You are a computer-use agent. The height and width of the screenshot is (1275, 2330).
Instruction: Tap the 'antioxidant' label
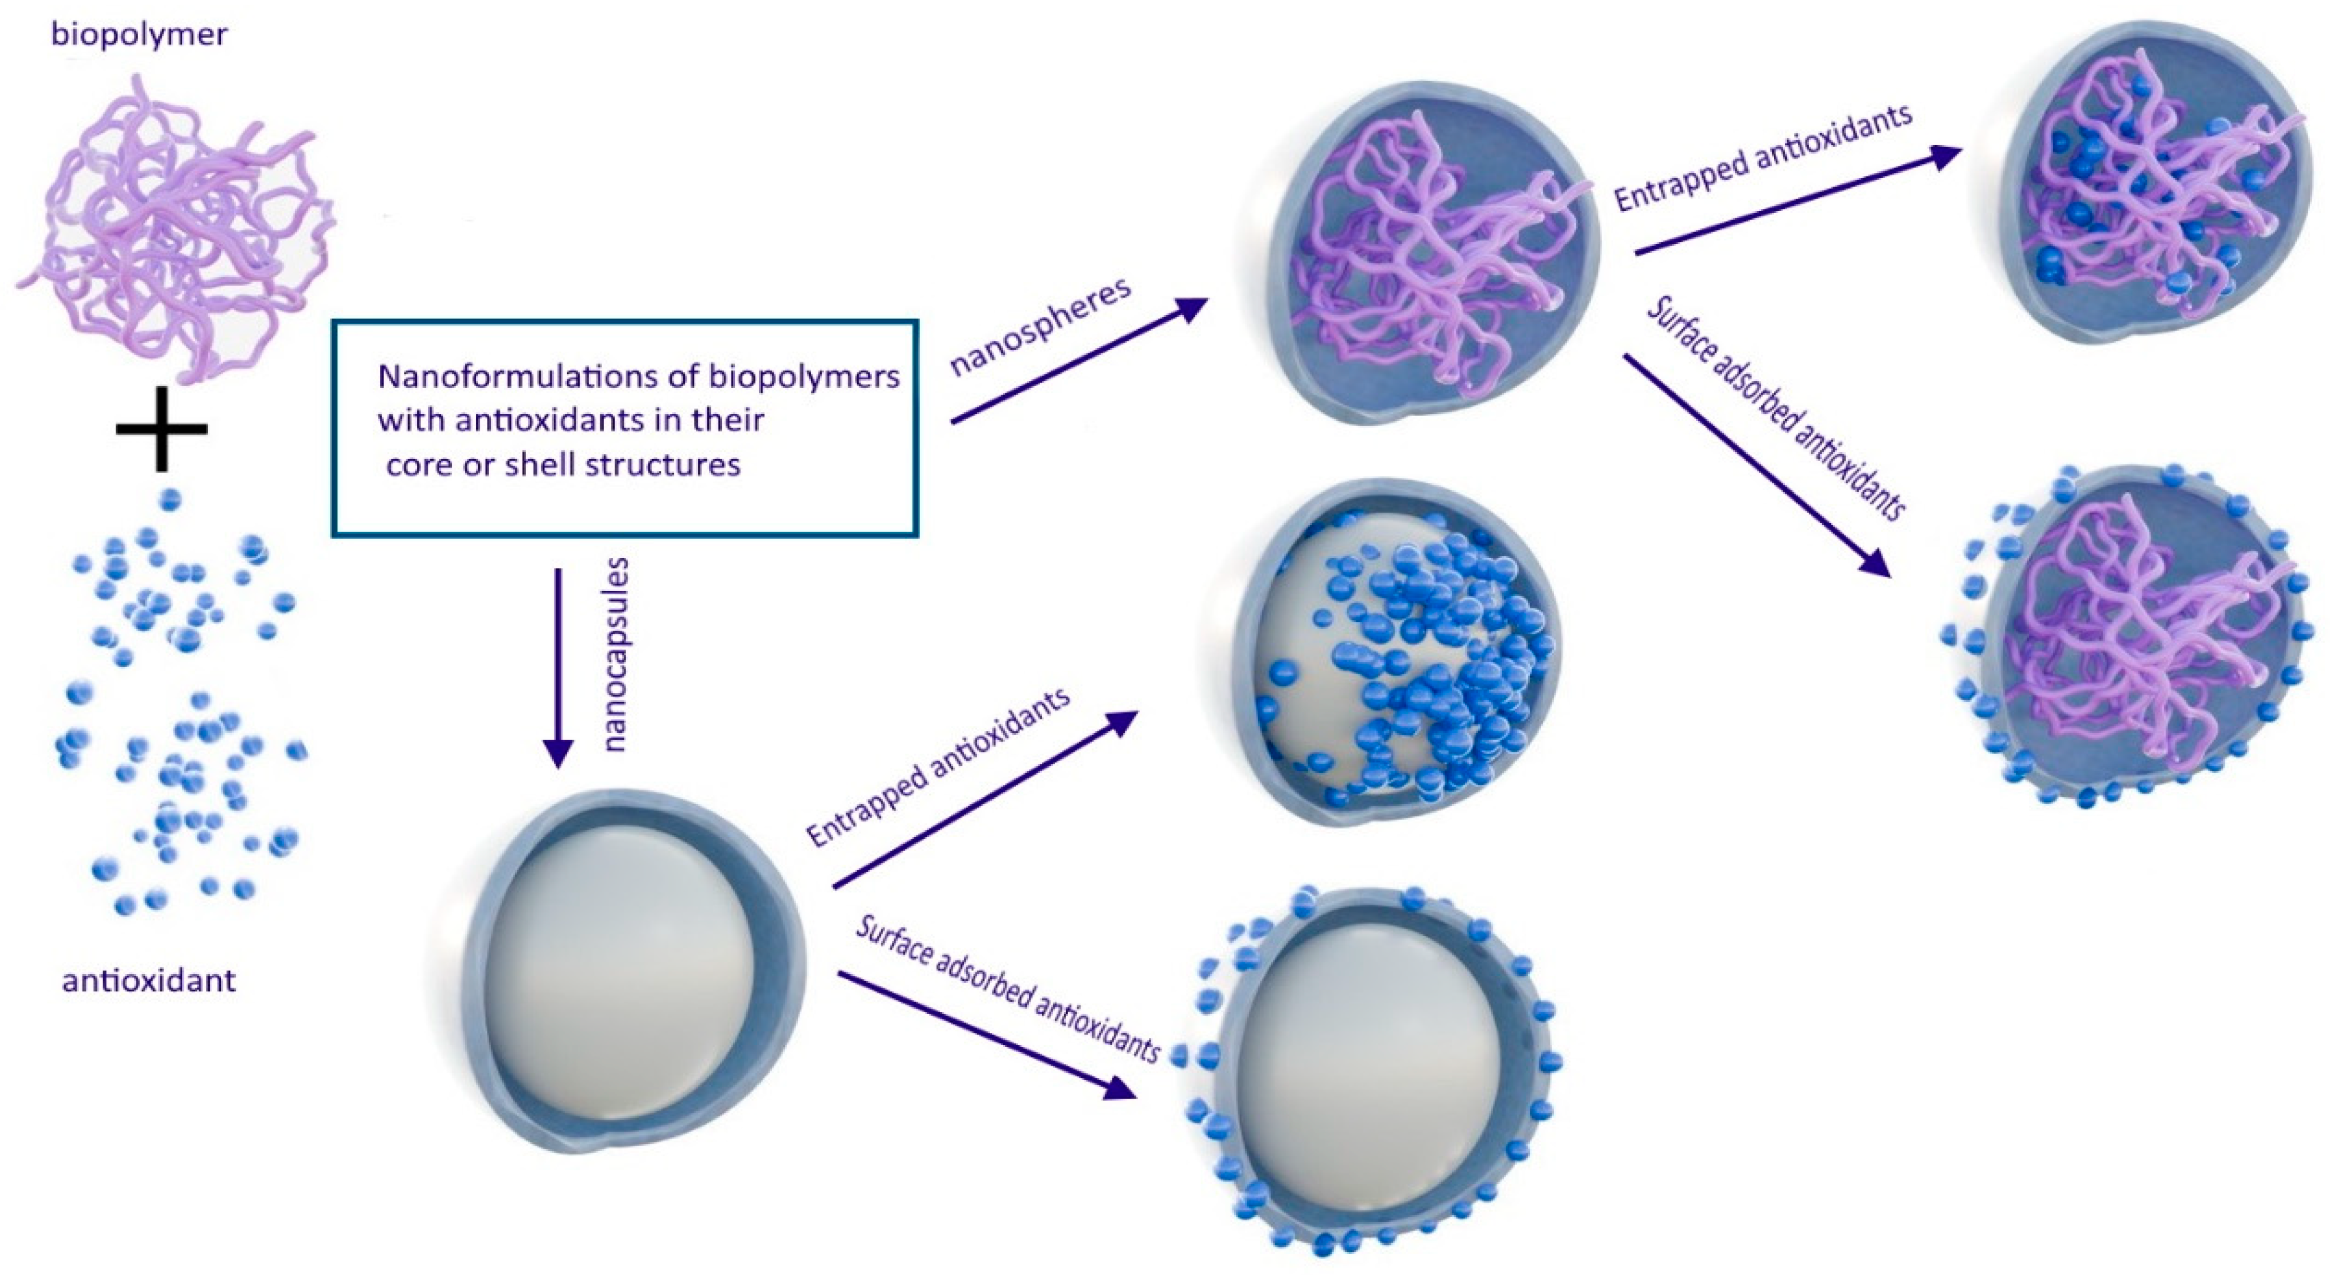(x=149, y=980)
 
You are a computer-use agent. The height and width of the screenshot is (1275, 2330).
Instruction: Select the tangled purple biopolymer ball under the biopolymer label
(x=176, y=226)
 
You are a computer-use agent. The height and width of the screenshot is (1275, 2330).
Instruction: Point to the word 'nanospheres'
(x=1040, y=326)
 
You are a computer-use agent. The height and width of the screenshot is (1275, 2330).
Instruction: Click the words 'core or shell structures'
(x=563, y=465)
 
